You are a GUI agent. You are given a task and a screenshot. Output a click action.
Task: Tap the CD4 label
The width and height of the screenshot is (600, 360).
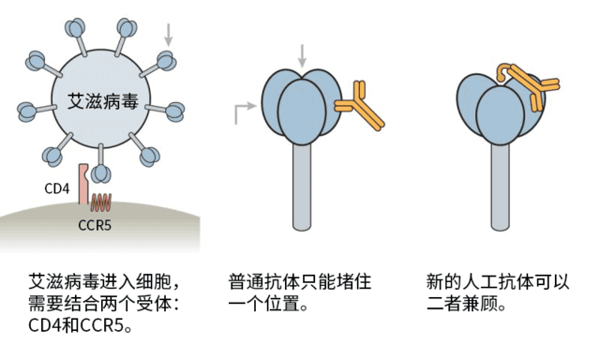click(57, 188)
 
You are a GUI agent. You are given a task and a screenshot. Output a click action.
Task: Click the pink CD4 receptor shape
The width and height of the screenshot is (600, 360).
click(83, 184)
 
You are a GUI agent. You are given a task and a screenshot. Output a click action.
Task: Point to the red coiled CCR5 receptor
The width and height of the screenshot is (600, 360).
click(100, 201)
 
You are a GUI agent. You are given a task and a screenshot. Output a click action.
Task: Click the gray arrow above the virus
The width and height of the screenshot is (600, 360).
click(169, 35)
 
